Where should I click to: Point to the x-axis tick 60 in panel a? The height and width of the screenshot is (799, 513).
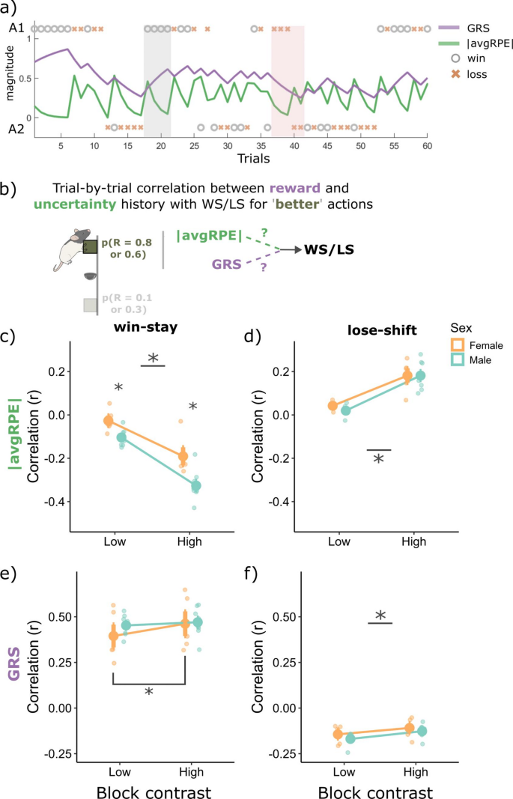[427, 146]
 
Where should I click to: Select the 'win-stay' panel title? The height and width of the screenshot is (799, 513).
[151, 326]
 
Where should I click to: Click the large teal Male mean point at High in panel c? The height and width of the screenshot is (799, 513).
[197, 486]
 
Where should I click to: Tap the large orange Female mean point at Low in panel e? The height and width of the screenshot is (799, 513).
[113, 636]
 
